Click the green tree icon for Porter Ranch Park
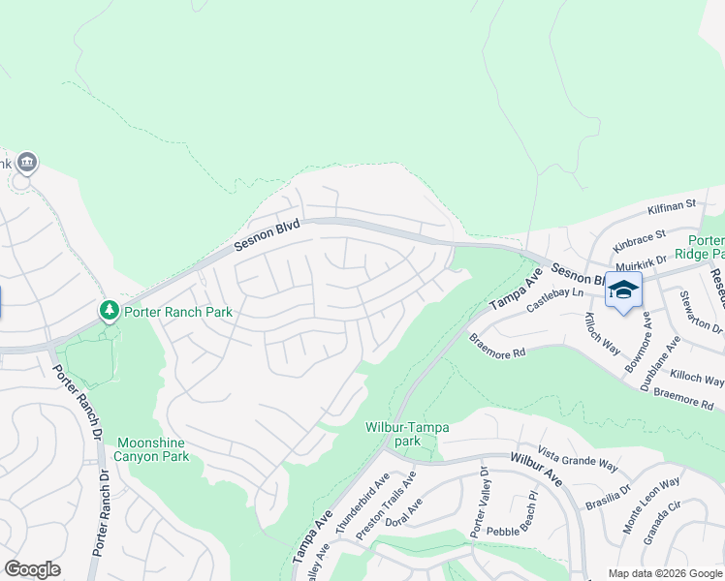(x=110, y=311)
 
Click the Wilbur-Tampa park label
(x=406, y=434)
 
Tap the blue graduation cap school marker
(x=623, y=290)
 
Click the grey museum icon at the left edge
(x=26, y=162)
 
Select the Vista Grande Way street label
(x=578, y=459)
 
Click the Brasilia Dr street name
(x=609, y=498)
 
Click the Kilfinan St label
(x=673, y=206)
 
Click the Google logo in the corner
(x=32, y=569)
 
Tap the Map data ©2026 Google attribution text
(x=664, y=573)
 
